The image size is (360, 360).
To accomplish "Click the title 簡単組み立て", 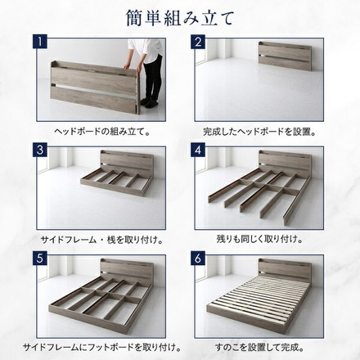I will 179,16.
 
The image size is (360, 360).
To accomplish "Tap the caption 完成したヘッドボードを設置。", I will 259,130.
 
